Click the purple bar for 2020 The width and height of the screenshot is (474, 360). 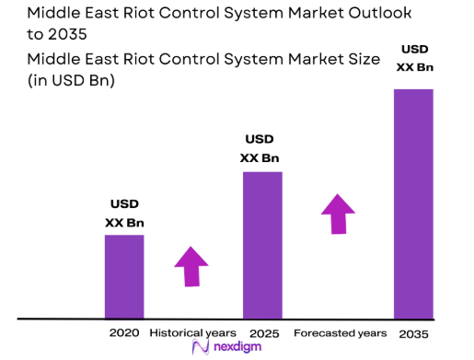coord(124,276)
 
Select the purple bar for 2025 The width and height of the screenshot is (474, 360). coord(262,244)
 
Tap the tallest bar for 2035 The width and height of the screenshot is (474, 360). coord(413,203)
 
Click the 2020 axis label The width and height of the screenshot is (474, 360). coord(124,331)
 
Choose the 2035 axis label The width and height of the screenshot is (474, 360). coord(414,331)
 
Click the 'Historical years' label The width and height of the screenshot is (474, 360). coord(192,331)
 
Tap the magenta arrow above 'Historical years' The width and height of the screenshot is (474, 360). coord(191,266)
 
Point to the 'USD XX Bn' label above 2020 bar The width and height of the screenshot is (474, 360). coord(124,214)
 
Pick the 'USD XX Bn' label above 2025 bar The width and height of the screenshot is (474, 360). coord(260,148)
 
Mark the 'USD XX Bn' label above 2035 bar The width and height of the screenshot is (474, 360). coord(413,58)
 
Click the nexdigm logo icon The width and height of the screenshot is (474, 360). coord(200,348)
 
